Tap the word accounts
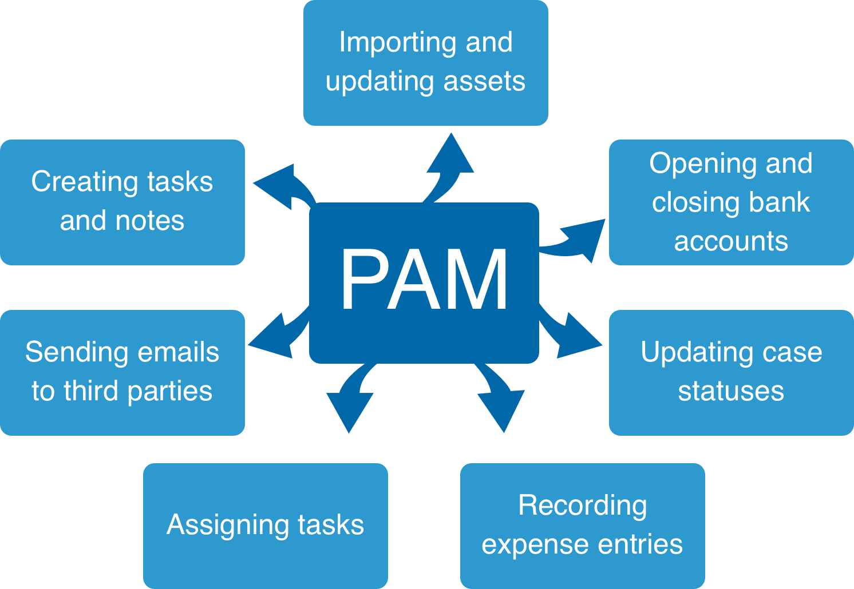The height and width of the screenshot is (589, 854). click(x=731, y=241)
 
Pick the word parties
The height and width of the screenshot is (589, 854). click(x=169, y=391)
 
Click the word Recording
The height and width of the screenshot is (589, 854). click(x=583, y=506)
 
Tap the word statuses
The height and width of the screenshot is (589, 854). click(x=731, y=391)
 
